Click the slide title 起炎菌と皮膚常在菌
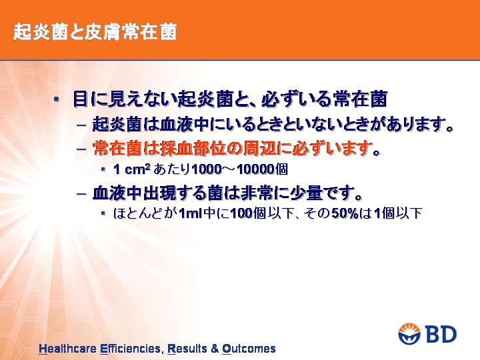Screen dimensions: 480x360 click(x=95, y=32)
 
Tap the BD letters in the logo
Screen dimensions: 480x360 click(x=441, y=334)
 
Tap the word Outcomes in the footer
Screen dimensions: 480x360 click(x=249, y=349)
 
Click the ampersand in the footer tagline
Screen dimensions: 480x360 click(x=215, y=349)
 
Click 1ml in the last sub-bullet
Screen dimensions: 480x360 click(x=191, y=213)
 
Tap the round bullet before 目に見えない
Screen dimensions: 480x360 click(x=56, y=99)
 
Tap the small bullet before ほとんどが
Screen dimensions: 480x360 click(x=103, y=213)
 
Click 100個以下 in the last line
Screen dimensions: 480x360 click(x=261, y=213)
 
